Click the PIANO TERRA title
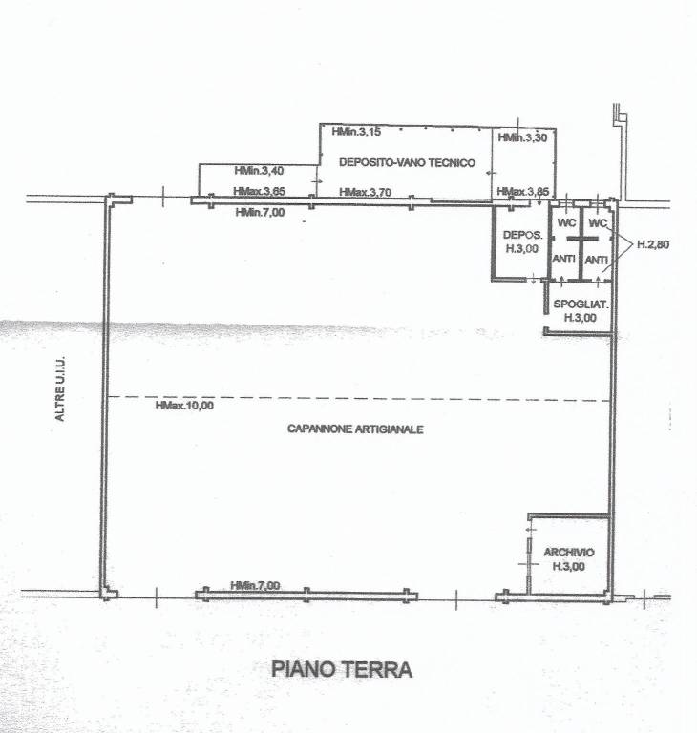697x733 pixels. coord(342,670)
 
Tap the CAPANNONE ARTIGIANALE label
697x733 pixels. coord(355,429)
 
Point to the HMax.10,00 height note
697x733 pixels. coord(184,406)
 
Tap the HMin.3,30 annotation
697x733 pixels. coord(522,138)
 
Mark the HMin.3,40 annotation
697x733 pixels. coord(259,171)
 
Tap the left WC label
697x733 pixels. coord(566,223)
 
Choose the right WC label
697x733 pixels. coord(598,223)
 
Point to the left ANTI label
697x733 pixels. coord(565,260)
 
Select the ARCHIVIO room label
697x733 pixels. coord(569,553)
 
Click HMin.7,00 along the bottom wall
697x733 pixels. coord(255,585)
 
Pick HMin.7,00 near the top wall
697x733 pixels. coord(260,212)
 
